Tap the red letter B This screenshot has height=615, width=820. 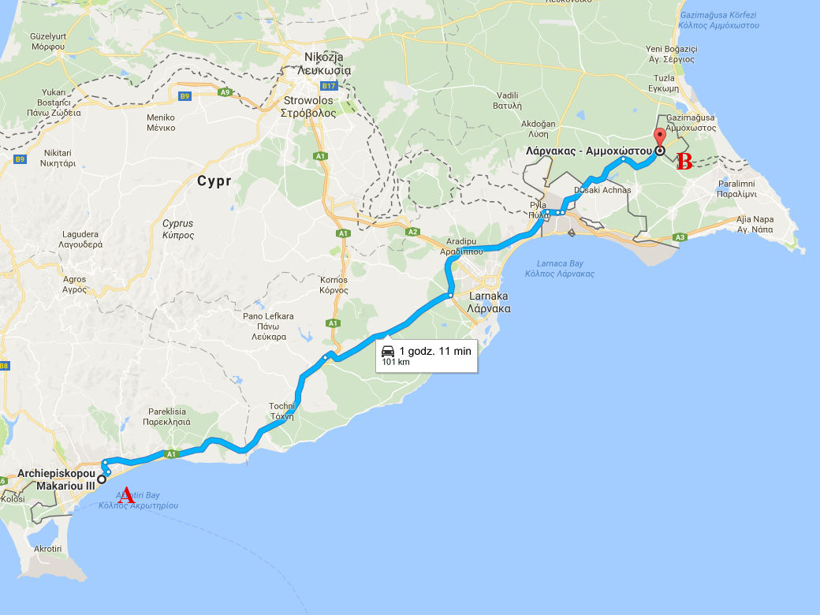(x=684, y=162)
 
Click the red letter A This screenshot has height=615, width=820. (x=124, y=495)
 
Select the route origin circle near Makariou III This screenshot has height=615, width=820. (x=102, y=479)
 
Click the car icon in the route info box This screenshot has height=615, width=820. (x=387, y=351)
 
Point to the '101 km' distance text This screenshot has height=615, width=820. (x=396, y=363)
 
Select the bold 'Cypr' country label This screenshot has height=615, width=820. (x=214, y=181)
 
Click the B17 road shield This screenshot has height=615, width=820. (x=329, y=86)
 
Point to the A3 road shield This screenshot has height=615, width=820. (x=680, y=237)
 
